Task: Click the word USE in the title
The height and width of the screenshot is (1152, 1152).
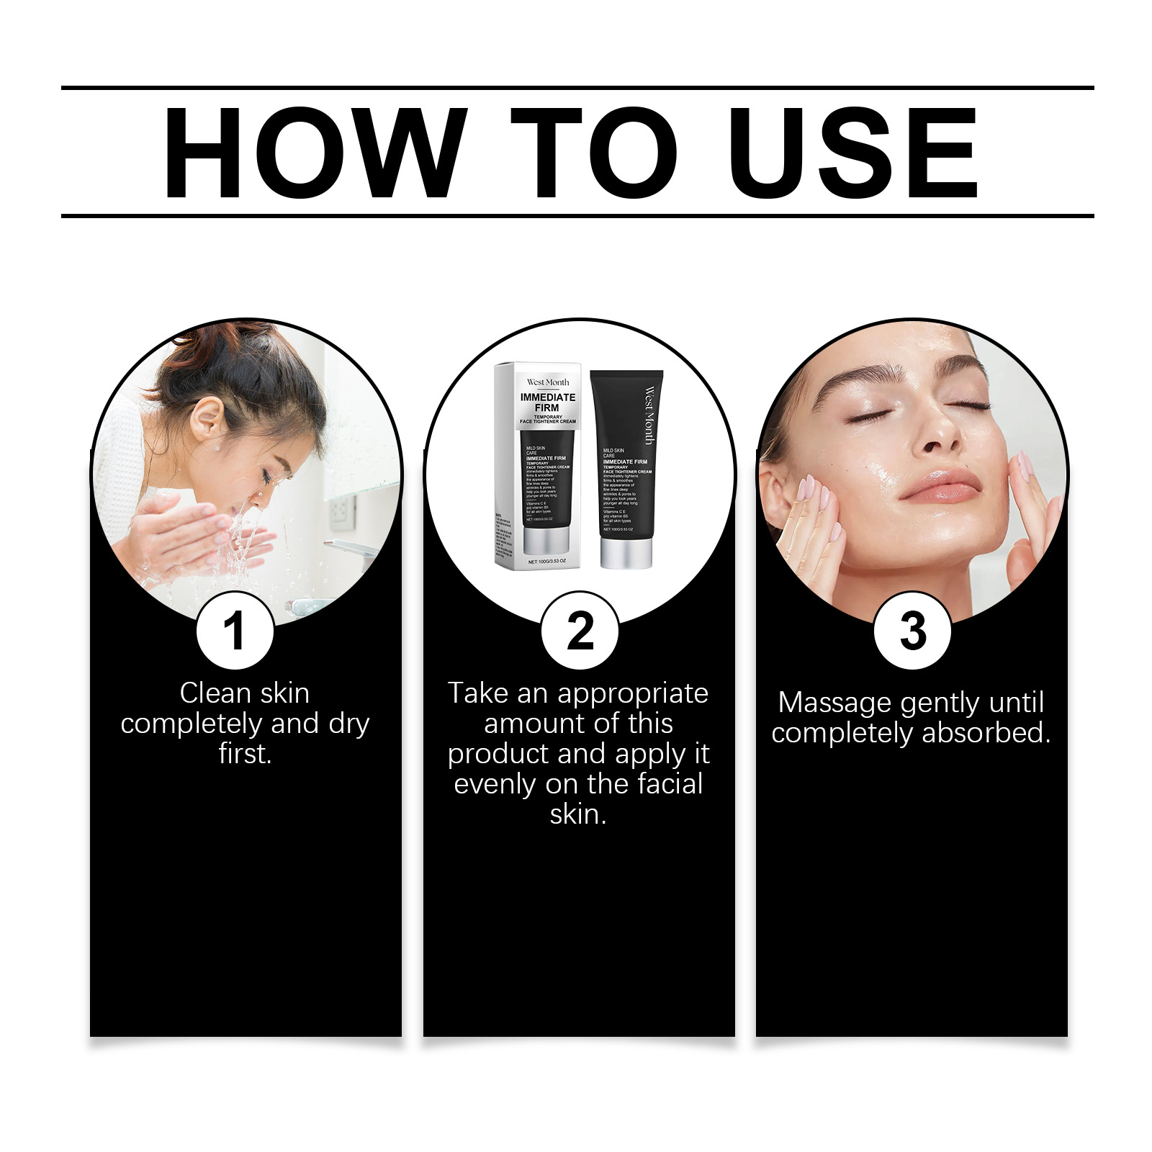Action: [x=853, y=153]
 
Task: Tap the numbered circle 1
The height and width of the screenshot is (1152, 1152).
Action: [x=235, y=631]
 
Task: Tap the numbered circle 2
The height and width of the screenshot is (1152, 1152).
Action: [x=580, y=631]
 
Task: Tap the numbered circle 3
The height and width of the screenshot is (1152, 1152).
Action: [x=912, y=631]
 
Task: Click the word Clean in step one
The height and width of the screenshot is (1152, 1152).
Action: [x=214, y=693]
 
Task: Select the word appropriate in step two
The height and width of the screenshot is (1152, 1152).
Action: [x=632, y=693]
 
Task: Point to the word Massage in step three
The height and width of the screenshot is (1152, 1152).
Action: [x=834, y=703]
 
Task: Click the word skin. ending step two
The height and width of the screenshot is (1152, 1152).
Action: [x=578, y=814]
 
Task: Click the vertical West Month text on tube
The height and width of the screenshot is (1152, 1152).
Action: [x=649, y=415]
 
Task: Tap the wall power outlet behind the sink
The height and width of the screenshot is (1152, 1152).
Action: [x=341, y=512]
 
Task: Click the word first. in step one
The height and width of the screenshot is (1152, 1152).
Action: [x=245, y=754]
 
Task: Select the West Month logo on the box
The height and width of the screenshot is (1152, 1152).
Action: [x=547, y=382]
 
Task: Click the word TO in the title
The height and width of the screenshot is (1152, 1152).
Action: [x=594, y=153]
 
